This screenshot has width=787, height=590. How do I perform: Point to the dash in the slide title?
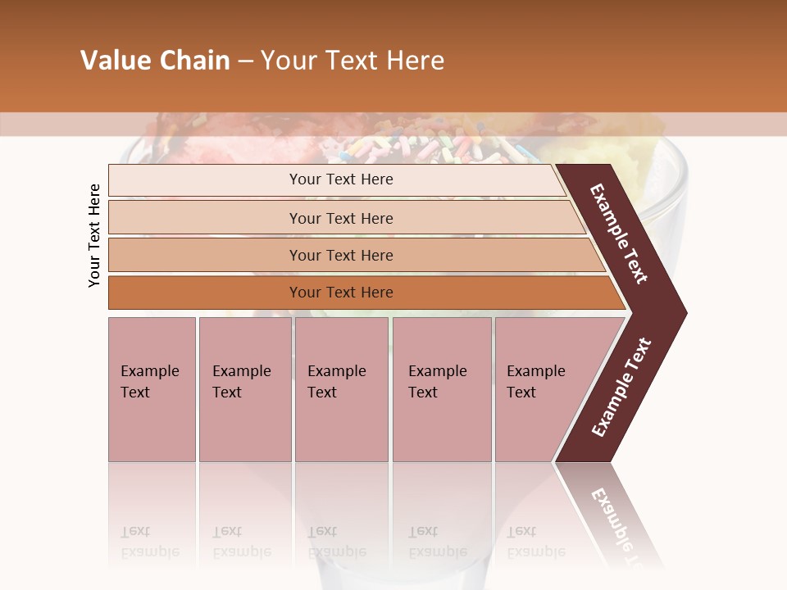point(245,61)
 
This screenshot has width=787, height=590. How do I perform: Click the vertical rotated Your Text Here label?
point(94,235)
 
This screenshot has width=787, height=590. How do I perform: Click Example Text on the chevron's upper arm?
point(620,233)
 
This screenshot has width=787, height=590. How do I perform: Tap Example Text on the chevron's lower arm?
point(621,388)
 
